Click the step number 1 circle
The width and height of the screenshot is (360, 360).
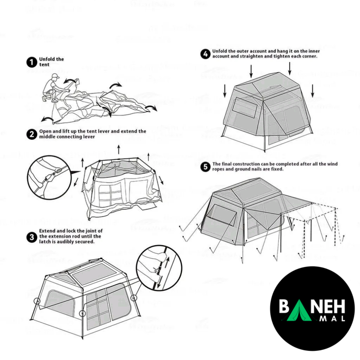32,62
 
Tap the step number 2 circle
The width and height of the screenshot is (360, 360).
32,134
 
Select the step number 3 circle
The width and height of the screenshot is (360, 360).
32,237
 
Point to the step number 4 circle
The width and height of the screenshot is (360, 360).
205,54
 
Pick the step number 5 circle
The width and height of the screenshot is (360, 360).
205,167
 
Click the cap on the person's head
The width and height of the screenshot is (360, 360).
55,76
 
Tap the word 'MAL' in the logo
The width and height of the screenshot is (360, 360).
333,318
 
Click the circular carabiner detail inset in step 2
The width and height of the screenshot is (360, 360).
49,177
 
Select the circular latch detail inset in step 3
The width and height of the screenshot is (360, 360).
159,268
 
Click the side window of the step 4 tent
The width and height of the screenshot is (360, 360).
245,107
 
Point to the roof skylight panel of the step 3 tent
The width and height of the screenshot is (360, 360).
95,274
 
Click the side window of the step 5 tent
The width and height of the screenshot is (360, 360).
222,215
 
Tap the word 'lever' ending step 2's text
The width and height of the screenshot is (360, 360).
89,137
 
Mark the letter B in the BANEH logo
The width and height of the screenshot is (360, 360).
284,307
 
